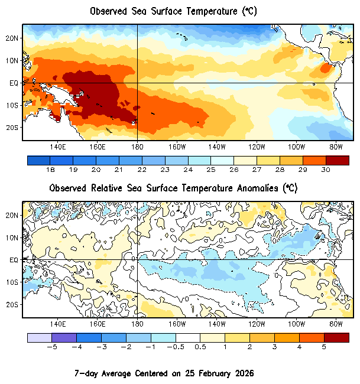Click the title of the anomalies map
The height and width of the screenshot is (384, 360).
coord(173,188)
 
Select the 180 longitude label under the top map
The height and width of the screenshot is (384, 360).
coord(137,147)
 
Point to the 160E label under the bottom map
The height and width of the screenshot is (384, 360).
coord(97,324)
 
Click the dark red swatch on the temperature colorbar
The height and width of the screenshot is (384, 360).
coord(337,160)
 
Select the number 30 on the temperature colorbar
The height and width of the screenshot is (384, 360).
coord(326,170)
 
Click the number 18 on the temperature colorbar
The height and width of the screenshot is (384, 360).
coord(50,170)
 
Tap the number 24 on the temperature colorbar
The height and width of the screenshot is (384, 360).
coord(188,170)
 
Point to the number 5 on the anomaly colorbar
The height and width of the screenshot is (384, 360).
coord(324,347)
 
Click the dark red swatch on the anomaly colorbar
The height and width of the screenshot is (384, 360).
coord(336,337)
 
